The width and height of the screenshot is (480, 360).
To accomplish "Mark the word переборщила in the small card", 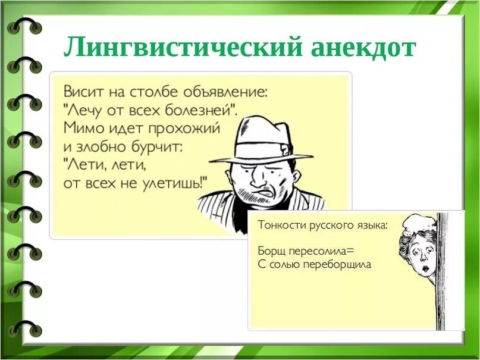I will point(338,264).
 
